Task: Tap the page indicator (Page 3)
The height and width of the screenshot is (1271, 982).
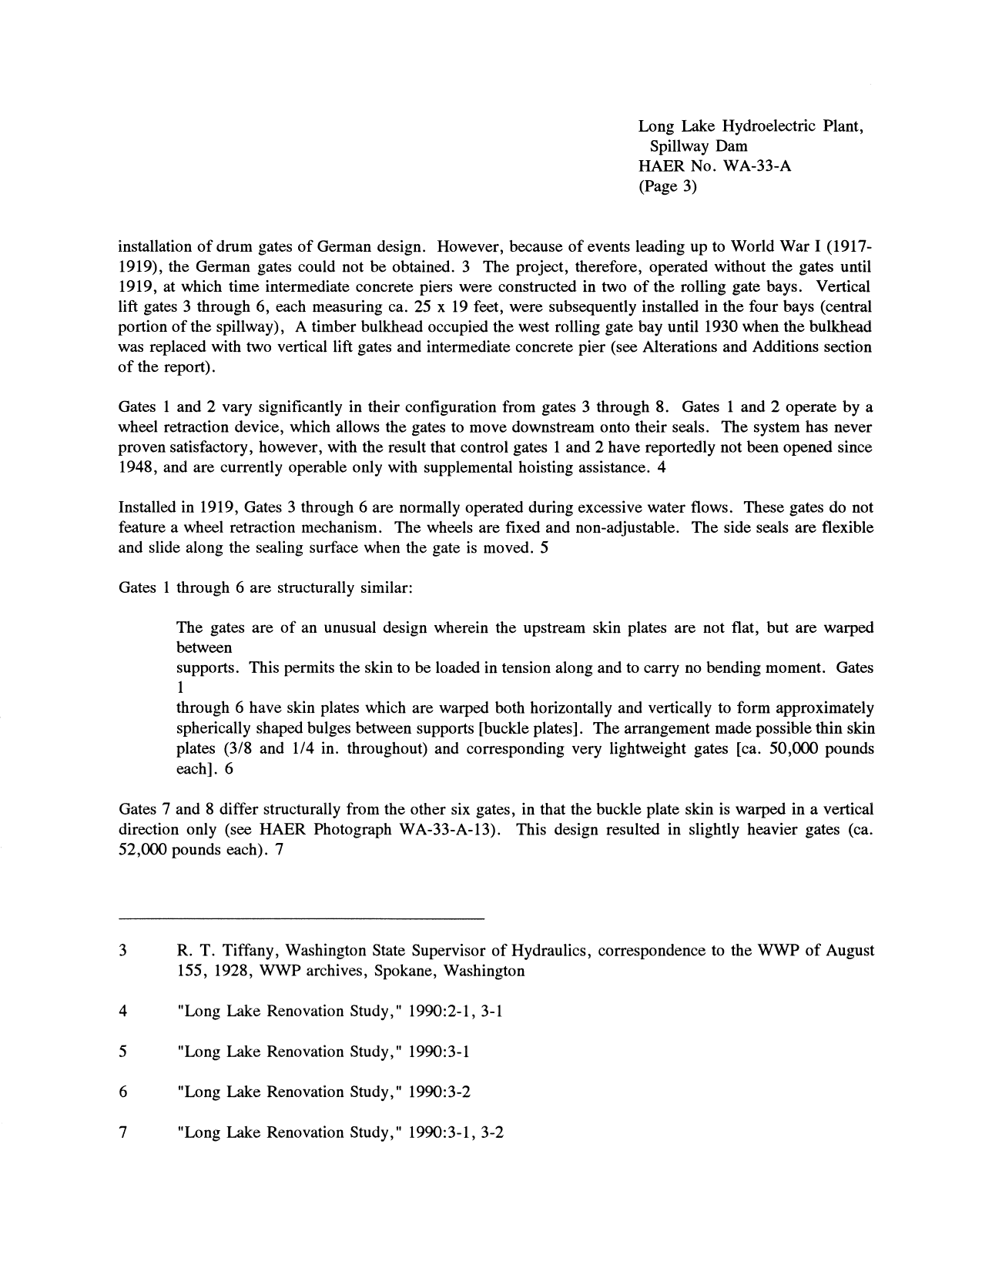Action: click(668, 186)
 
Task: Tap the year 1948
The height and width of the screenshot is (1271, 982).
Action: click(136, 467)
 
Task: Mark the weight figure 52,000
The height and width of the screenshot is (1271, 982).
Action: click(143, 849)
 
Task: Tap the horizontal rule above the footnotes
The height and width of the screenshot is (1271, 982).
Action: click(301, 918)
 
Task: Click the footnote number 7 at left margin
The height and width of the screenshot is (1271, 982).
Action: click(123, 1132)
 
